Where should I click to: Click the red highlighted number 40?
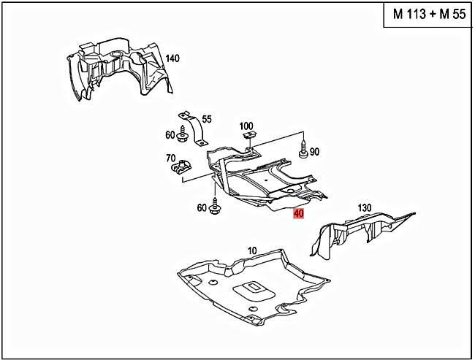point(297,214)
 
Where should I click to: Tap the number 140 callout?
point(172,58)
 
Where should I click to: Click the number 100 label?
point(246,127)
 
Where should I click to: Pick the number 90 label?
point(314,152)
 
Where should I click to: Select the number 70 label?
point(170,157)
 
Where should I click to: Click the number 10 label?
point(251,250)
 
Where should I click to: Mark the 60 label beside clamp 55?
point(170,134)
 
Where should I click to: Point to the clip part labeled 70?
point(181,170)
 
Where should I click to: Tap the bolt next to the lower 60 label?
point(214,207)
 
